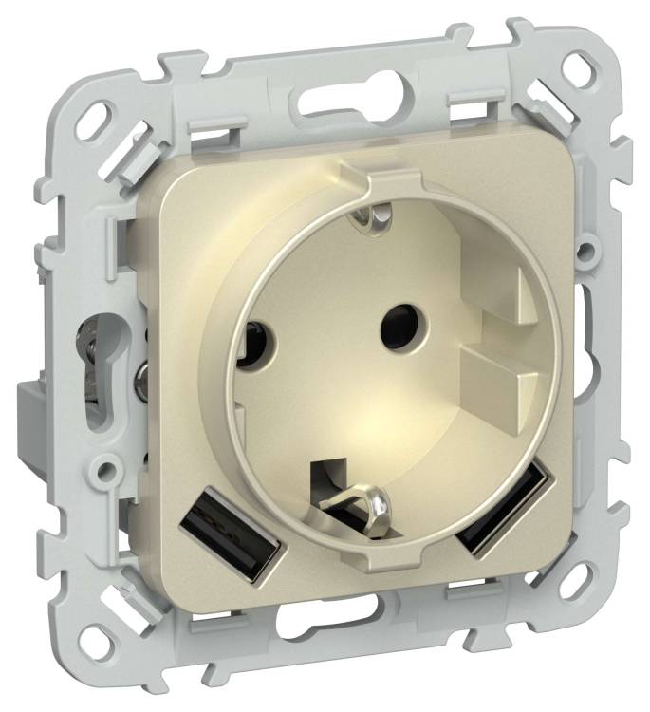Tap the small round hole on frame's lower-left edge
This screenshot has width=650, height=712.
104,468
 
